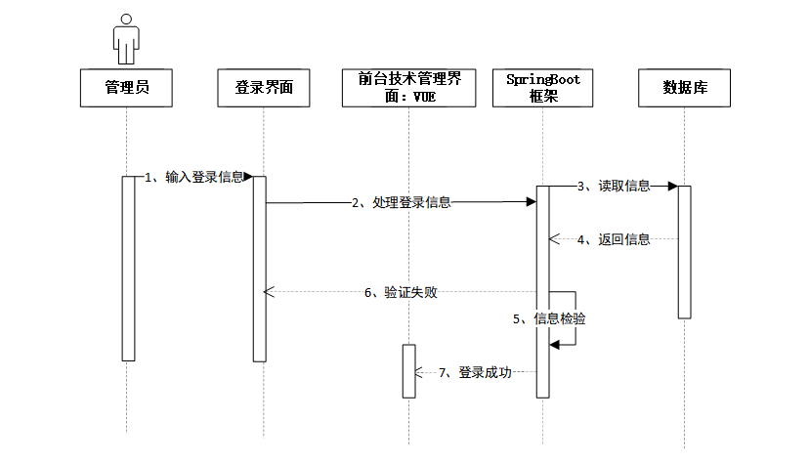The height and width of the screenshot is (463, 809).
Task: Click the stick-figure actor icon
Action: coord(126,40)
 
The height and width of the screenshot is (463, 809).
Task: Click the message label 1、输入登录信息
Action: coord(194,177)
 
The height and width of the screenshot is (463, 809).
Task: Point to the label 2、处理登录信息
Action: coord(402,202)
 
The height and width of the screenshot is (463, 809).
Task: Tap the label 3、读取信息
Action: coord(613,186)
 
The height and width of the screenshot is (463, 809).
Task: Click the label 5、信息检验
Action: coord(549,318)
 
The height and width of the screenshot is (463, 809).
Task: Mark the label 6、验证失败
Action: coord(401,292)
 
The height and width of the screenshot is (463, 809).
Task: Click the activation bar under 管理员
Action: coord(127,269)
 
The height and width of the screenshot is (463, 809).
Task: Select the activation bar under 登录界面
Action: coord(260,269)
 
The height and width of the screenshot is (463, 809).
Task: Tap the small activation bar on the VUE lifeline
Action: coord(409,371)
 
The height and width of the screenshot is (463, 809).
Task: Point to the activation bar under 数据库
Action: coord(685,251)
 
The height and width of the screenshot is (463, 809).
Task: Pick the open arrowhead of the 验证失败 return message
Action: coord(270,292)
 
